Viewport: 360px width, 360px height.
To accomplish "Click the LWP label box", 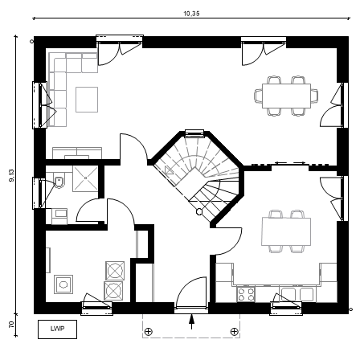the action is [57, 329].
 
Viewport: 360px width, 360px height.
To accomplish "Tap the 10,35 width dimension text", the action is [191, 14].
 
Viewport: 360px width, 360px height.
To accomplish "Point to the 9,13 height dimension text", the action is [12, 176].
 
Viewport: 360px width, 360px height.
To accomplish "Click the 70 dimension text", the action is [11, 325].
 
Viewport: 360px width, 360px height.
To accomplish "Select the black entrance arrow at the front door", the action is [191, 321].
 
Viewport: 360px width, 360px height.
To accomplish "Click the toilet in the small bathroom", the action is [59, 182].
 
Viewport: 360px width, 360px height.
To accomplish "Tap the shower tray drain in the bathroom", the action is [85, 178].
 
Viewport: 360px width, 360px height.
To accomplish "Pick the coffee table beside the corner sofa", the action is [87, 100].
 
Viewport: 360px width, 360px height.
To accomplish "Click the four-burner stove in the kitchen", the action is [246, 294].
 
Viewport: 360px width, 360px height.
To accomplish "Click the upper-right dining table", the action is [286, 96].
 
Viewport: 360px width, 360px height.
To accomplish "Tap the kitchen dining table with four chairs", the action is [286, 231].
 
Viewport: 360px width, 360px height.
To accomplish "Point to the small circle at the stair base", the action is [199, 211].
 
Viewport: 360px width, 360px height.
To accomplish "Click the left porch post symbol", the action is [148, 332].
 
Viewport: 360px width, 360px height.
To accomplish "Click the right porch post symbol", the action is [235, 332].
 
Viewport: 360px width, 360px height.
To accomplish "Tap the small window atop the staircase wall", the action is [194, 133].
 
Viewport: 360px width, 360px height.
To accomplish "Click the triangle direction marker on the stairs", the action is [169, 170].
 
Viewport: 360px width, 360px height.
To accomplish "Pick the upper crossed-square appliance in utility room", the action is [115, 270].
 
